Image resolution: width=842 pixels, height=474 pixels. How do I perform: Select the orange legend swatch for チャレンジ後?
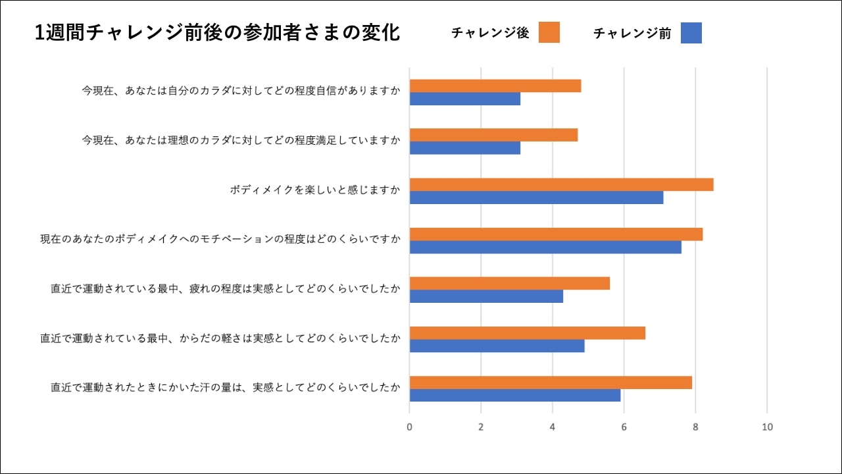pyautogui.click(x=549, y=32)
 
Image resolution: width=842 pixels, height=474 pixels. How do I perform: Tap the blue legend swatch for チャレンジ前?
pyautogui.click(x=691, y=33)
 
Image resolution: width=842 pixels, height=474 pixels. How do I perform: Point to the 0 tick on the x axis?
pyautogui.click(x=409, y=427)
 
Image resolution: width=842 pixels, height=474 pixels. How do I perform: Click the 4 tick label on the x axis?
pyautogui.click(x=553, y=427)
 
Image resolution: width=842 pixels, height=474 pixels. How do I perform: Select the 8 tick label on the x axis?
pyautogui.click(x=695, y=427)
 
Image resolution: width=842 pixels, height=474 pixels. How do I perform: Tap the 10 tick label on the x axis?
pyautogui.click(x=767, y=427)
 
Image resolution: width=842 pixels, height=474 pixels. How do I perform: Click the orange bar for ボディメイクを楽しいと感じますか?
pyautogui.click(x=561, y=184)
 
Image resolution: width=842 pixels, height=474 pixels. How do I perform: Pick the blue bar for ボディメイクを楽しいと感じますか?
pyautogui.click(x=536, y=197)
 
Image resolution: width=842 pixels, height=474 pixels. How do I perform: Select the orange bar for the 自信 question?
pyautogui.click(x=495, y=86)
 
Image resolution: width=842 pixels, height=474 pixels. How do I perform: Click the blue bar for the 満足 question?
pyautogui.click(x=464, y=148)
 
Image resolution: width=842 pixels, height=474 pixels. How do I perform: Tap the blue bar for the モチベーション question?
pyautogui.click(x=545, y=247)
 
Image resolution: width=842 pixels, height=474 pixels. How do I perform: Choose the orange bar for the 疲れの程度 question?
pyautogui.click(x=509, y=283)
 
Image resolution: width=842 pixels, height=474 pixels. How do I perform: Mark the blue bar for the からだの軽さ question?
pyautogui.click(x=497, y=346)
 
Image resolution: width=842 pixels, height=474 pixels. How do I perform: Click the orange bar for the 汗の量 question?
pyautogui.click(x=551, y=382)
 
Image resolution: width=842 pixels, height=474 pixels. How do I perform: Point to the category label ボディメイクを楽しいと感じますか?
pyautogui.click(x=314, y=190)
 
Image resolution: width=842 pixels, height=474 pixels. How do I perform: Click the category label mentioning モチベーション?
pyautogui.click(x=220, y=240)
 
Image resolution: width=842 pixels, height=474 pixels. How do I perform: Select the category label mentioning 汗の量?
pyautogui.click(x=225, y=388)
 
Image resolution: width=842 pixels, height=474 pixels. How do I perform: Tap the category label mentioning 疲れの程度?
pyautogui.click(x=225, y=289)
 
